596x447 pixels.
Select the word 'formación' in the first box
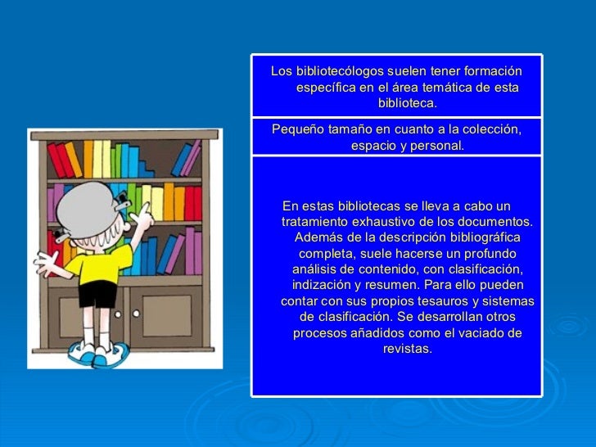493,71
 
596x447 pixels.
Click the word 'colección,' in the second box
487,129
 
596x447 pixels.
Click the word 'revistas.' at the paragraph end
407,349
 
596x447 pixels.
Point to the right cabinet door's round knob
134,313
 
